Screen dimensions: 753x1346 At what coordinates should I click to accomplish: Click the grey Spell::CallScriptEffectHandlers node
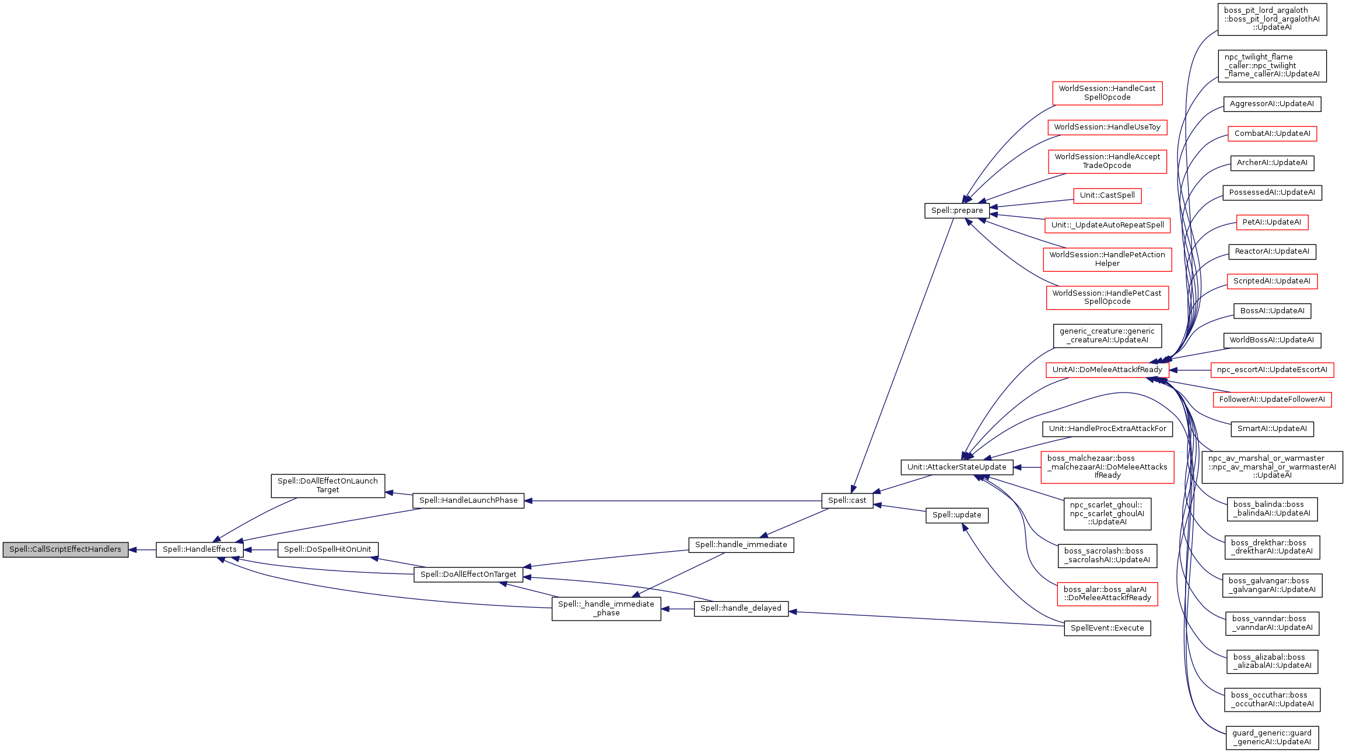[x=65, y=549]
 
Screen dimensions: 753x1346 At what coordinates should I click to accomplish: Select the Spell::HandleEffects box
[x=199, y=549]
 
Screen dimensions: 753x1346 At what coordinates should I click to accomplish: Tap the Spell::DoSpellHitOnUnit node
[x=327, y=549]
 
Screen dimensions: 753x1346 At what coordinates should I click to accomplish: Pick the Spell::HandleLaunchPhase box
[x=468, y=500]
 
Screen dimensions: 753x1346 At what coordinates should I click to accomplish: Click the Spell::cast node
[x=847, y=500]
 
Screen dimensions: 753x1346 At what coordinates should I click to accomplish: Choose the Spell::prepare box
[x=956, y=211]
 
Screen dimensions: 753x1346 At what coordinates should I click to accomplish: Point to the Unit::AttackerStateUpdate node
[x=956, y=467]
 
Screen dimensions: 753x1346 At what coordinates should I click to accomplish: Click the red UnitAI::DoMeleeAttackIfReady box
[x=1107, y=370]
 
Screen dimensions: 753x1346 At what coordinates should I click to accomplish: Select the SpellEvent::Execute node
[x=1107, y=628]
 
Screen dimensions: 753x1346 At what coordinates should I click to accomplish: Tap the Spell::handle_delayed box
[x=741, y=608]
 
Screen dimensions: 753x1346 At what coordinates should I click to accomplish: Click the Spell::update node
[x=956, y=515]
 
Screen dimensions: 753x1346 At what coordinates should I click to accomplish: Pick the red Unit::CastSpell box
[x=1107, y=195]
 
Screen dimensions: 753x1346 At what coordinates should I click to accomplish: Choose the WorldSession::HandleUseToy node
[x=1107, y=127]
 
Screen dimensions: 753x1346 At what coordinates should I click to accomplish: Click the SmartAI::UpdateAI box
[x=1272, y=429]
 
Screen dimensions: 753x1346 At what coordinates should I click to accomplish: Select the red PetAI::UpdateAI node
[x=1272, y=222]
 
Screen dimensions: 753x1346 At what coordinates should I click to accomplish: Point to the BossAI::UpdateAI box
[x=1272, y=311]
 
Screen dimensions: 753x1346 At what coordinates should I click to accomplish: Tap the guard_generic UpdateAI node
[x=1272, y=737]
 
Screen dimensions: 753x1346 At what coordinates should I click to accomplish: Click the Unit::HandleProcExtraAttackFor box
[x=1107, y=429]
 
